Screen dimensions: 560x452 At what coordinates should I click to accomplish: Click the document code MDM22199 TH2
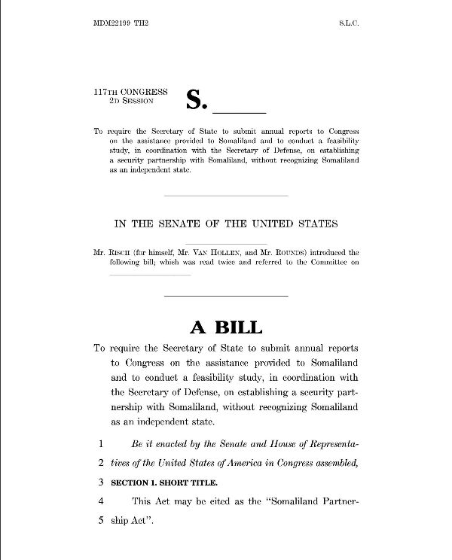pos(121,24)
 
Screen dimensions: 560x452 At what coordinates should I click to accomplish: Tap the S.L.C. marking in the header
pos(348,24)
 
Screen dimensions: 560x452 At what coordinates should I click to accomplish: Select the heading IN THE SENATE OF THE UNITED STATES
pos(226,224)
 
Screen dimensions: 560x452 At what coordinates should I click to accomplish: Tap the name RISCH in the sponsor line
pos(119,251)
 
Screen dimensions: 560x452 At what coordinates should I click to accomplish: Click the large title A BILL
pos(225,327)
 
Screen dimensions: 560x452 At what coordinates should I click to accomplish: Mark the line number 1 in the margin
pos(99,444)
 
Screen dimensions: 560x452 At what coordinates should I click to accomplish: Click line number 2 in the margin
pos(99,462)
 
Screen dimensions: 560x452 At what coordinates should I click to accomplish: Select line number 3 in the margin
pos(99,480)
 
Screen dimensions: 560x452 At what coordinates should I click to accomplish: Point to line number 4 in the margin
pos(99,500)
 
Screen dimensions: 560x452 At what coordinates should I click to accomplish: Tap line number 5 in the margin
pos(99,518)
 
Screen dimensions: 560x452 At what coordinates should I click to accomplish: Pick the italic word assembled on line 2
pos(331,462)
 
